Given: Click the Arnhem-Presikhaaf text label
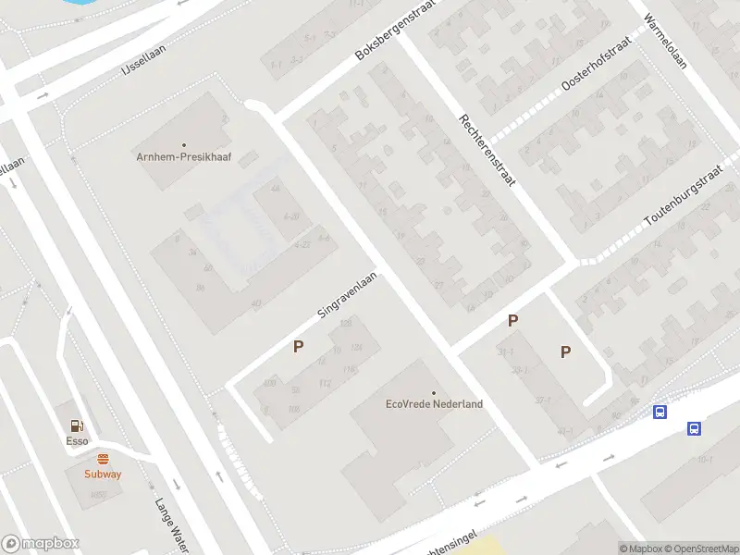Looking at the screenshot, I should click(184, 157).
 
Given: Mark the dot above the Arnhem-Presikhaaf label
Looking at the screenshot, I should click(184, 144).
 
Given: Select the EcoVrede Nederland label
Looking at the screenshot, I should click(434, 404).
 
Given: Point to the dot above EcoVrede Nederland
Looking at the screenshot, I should click(434, 391).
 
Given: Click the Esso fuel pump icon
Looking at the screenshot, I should click(78, 426).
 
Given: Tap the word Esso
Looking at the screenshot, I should click(78, 441).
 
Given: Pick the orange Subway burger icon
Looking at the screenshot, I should click(103, 459).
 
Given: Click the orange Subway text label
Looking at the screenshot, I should click(103, 474).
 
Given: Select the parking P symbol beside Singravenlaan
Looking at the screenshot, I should click(299, 347).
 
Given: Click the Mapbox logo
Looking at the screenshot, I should click(40, 544).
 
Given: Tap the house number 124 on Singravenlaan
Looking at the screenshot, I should click(356, 347).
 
